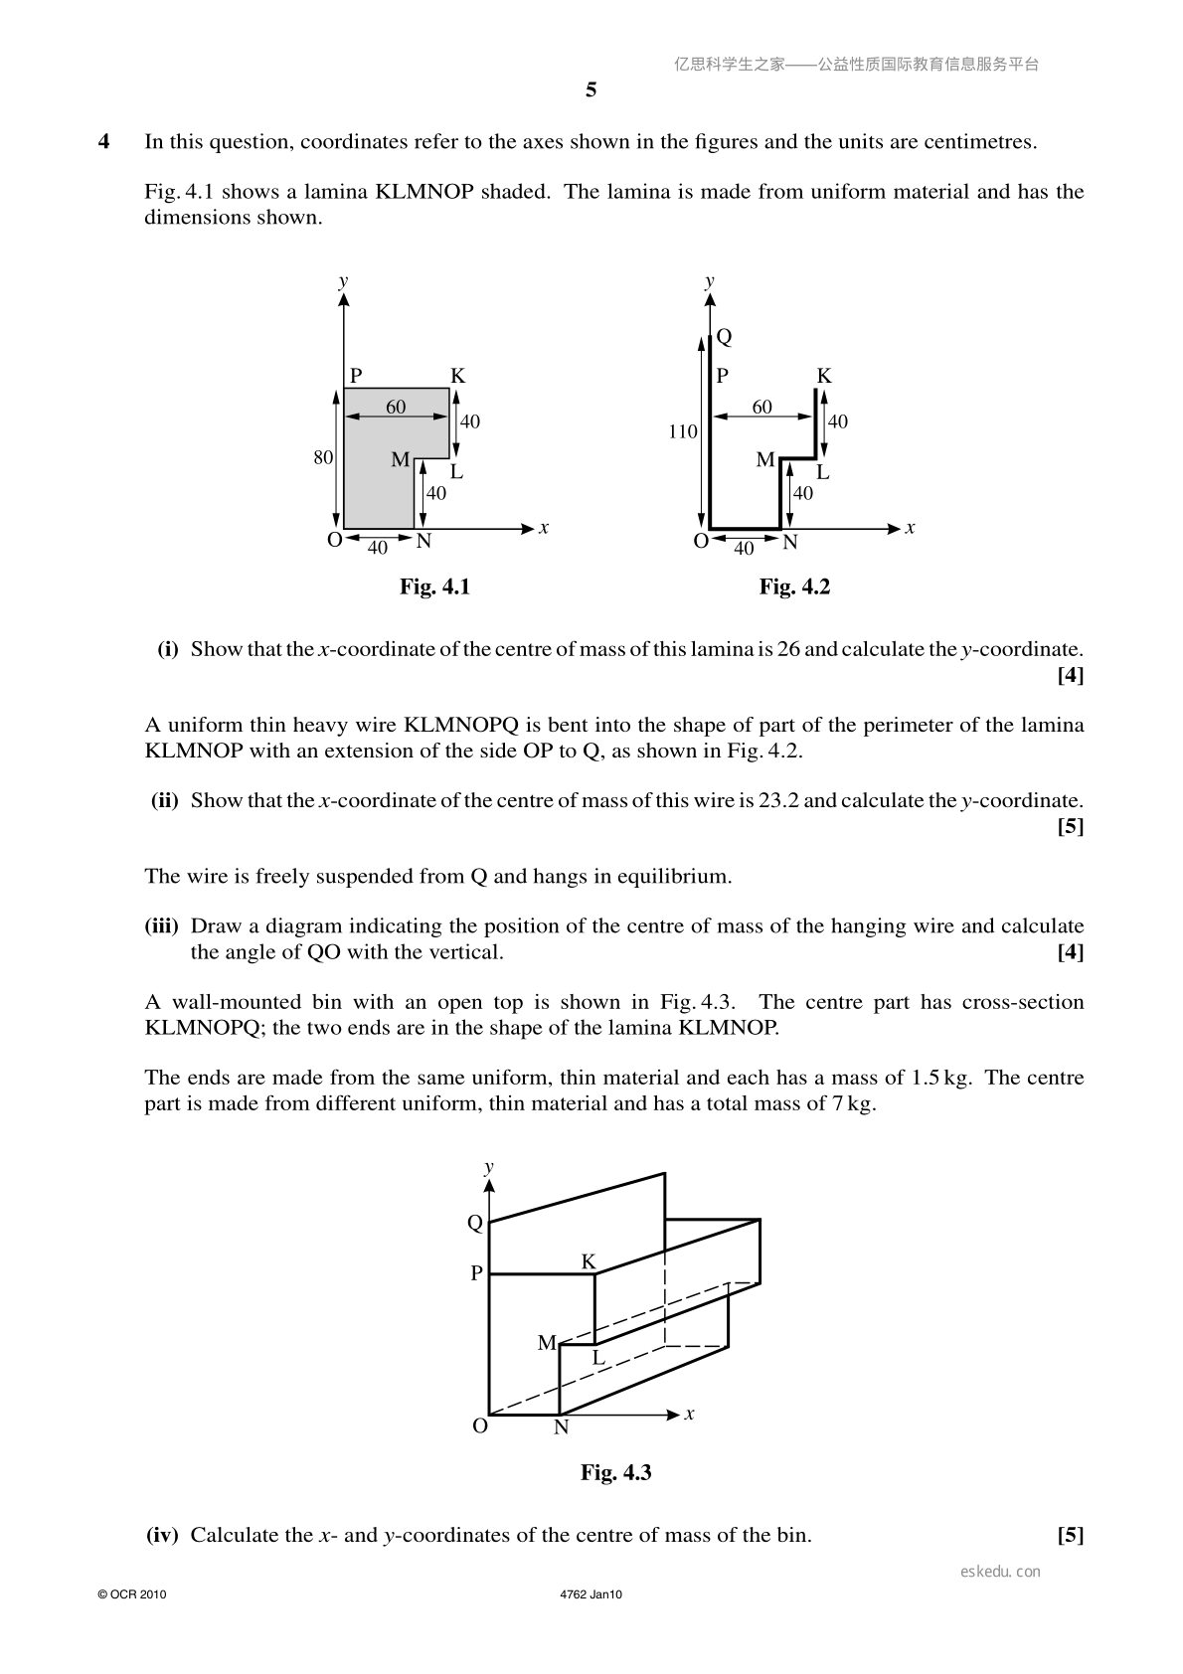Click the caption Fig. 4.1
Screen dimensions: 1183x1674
(434, 586)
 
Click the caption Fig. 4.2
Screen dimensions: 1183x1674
(794, 586)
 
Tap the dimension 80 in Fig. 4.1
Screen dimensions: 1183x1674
(323, 457)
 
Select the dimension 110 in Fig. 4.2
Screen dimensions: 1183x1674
(682, 432)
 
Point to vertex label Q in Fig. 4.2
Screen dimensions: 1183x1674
(724, 337)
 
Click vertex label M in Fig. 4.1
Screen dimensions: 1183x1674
(401, 459)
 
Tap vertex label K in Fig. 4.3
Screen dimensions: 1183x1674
(589, 1262)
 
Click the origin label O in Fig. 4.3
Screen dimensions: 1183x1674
(480, 1425)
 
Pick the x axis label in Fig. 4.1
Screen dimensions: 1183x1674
(544, 529)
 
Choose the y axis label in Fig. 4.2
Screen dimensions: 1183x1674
(710, 281)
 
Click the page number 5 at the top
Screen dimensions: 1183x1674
(591, 90)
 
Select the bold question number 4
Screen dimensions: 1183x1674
(103, 141)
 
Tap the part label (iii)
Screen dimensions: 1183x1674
(161, 925)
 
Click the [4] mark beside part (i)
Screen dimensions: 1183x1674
(1070, 675)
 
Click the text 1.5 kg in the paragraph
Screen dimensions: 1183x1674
(941, 1078)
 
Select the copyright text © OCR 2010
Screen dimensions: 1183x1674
(132, 1594)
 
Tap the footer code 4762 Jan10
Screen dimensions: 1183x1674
(591, 1594)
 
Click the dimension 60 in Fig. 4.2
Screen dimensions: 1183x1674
(762, 408)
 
